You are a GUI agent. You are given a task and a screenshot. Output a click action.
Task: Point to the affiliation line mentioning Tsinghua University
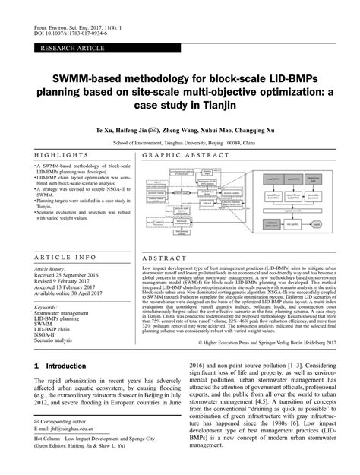(179, 142)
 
